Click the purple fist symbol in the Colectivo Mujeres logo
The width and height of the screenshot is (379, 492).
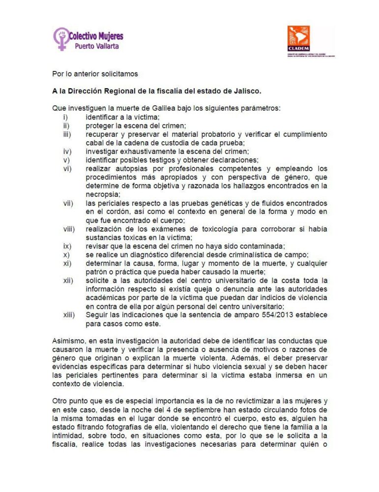click(61, 38)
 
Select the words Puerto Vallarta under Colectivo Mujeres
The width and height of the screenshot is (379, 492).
click(96, 46)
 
